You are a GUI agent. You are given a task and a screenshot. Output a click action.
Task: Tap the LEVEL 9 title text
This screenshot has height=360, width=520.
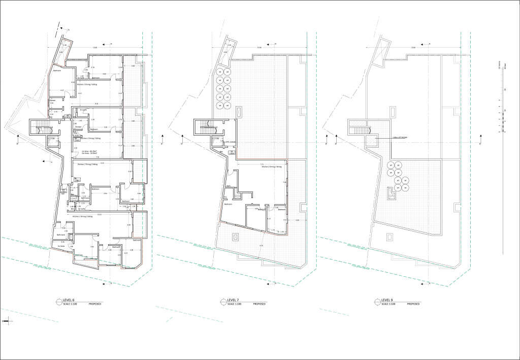click(388, 300)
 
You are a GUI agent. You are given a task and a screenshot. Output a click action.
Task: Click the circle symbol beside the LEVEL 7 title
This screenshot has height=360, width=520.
click(223, 302)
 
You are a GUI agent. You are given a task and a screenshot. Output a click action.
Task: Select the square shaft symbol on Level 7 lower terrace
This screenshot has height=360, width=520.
click(235, 236)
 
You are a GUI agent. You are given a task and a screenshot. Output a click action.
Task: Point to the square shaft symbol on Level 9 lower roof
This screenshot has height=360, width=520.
click(389, 236)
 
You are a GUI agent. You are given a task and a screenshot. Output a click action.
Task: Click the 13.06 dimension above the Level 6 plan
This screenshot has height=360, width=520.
click(94, 48)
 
